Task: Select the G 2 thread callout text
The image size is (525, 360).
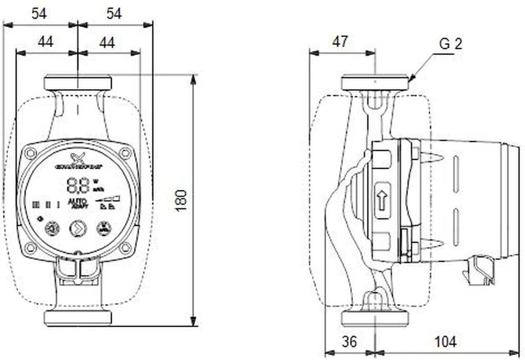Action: pos(451,44)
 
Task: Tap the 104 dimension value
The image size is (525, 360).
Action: pos(445,341)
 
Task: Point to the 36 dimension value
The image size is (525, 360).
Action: pos(350,341)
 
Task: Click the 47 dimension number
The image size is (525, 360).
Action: pos(340,42)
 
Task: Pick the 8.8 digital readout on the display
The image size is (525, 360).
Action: pos(78,184)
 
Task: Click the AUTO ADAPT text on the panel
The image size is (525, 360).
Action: pos(78,203)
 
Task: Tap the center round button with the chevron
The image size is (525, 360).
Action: pos(78,228)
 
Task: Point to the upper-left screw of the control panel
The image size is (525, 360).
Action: pos(30,152)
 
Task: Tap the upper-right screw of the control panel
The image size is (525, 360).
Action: pos(126,152)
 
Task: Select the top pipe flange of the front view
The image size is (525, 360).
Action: pos(78,83)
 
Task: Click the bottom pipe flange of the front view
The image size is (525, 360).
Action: pos(78,317)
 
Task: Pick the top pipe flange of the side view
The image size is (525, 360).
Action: pos(375,83)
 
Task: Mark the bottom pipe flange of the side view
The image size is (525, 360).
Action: pos(375,317)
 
